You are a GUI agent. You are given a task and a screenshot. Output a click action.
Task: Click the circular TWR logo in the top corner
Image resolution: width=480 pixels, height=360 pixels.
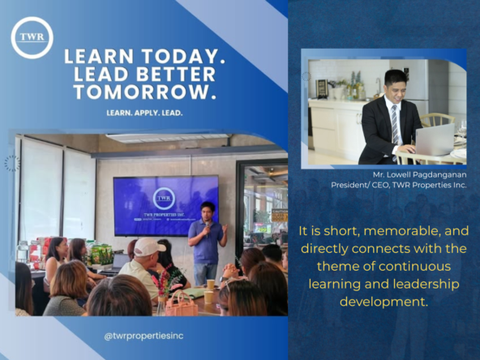[x=32, y=37]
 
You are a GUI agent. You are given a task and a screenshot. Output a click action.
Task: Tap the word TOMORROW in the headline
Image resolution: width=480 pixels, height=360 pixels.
[x=146, y=92]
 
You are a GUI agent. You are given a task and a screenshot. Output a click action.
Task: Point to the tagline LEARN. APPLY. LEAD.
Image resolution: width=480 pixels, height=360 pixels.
[x=144, y=113]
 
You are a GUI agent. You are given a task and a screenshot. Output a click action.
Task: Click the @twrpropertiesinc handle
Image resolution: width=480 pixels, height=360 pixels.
[x=144, y=336]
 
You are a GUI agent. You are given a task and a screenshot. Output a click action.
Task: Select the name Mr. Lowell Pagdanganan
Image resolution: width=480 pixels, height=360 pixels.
[x=420, y=175]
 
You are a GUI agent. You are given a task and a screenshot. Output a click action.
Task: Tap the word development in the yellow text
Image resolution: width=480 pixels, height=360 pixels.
[x=384, y=302]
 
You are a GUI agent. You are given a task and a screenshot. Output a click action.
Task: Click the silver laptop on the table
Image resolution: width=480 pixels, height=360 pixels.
[x=435, y=139]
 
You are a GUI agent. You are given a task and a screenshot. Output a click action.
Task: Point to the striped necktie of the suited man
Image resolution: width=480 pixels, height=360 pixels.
[x=395, y=125]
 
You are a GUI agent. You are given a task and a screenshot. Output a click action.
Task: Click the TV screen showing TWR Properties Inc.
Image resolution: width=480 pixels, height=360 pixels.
[x=166, y=206]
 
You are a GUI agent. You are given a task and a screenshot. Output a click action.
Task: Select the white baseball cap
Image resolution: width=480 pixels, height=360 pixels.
[x=148, y=246]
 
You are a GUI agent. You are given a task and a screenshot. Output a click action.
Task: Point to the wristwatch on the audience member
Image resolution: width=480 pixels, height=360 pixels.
[x=222, y=279]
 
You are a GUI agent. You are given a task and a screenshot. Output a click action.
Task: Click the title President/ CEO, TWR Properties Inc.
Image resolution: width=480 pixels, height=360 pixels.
[x=399, y=185]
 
